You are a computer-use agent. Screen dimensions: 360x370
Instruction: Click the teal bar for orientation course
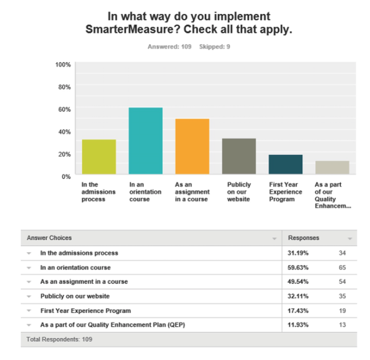(x=145, y=141)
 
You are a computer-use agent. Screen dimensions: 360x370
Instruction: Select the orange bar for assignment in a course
(x=192, y=147)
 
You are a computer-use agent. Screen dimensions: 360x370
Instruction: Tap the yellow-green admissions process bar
(x=99, y=157)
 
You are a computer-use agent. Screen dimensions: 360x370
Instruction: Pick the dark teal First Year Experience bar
(x=286, y=164)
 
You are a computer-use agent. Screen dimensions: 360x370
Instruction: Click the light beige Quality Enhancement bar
(x=332, y=168)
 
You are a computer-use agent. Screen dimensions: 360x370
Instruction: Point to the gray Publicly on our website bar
(x=239, y=156)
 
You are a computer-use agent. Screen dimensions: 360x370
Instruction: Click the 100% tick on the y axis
(x=64, y=64)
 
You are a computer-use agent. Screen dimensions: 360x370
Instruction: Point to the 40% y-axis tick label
(x=65, y=131)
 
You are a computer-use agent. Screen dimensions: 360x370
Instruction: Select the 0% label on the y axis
(x=66, y=176)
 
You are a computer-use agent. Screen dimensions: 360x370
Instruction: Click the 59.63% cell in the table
(x=295, y=267)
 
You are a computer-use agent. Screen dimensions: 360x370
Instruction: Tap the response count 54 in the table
(x=342, y=282)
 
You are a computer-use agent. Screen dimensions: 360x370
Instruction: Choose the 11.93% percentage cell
(x=295, y=325)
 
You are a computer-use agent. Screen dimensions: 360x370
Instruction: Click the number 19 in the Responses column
(x=342, y=311)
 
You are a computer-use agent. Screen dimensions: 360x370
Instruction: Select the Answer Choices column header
(x=49, y=238)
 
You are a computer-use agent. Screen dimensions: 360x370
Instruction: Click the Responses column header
(x=303, y=238)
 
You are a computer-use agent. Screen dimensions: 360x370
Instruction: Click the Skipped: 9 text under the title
(x=215, y=47)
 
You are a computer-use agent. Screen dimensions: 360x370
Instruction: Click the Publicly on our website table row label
(x=74, y=296)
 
